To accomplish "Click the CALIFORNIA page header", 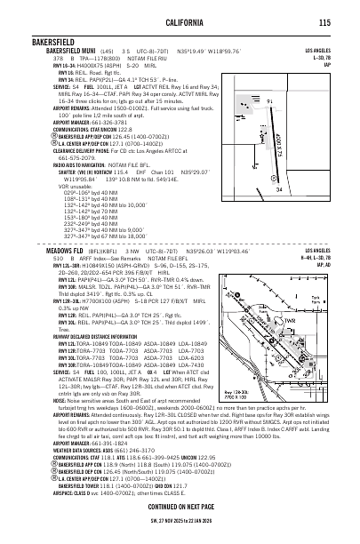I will tap(179, 23).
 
